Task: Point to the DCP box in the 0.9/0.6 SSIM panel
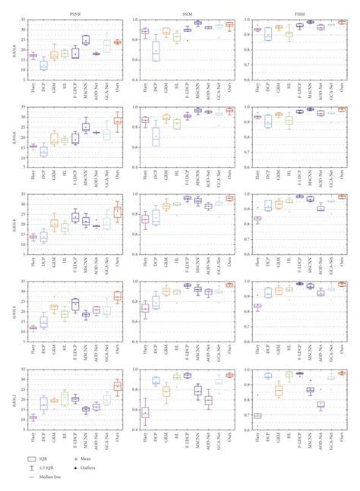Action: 156,137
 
